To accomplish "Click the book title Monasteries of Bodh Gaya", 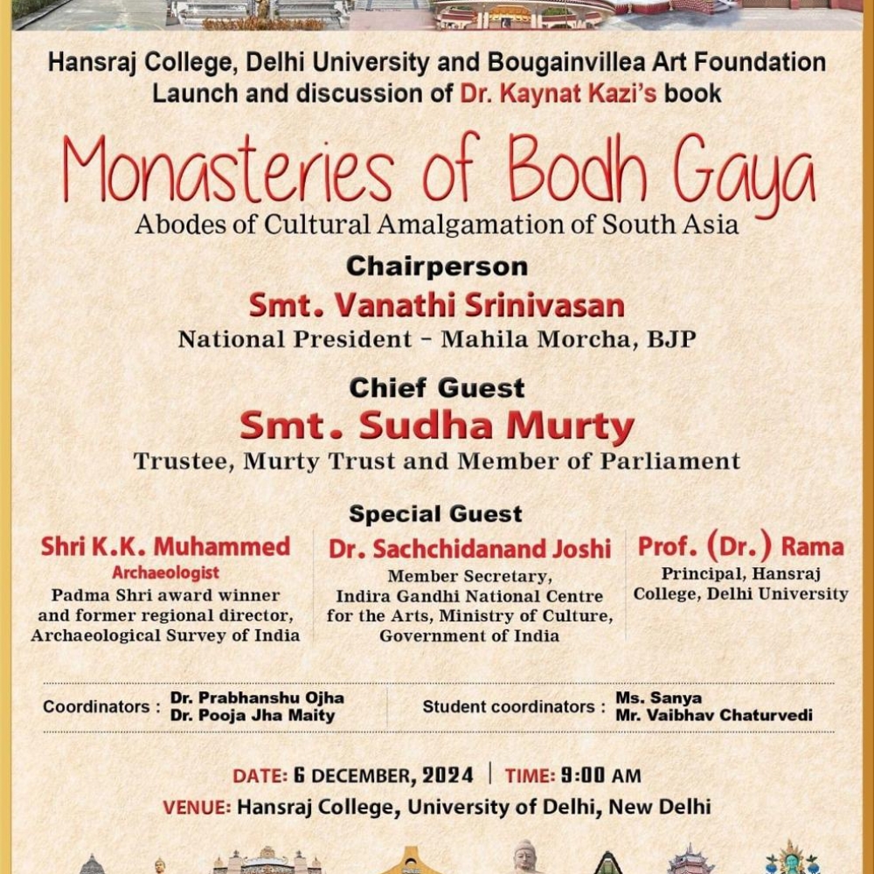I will (437, 170).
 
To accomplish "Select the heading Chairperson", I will (436, 266).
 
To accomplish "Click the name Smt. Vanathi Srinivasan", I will (436, 305).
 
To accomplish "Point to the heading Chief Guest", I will (436, 387).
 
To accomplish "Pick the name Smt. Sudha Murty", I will (436, 427).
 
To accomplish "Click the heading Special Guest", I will (435, 513).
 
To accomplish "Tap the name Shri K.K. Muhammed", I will (165, 547).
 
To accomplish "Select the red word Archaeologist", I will (165, 573).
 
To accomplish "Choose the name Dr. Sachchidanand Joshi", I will (469, 549).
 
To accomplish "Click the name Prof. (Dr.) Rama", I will (740, 547).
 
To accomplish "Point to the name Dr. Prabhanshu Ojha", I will (257, 697).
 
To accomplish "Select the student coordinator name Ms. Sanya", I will (646, 697).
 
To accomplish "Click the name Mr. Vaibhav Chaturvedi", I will (713, 715).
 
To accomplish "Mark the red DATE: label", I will (260, 775).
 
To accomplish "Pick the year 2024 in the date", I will (447, 775).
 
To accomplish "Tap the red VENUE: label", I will (197, 807).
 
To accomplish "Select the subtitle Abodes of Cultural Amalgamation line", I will (436, 225).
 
